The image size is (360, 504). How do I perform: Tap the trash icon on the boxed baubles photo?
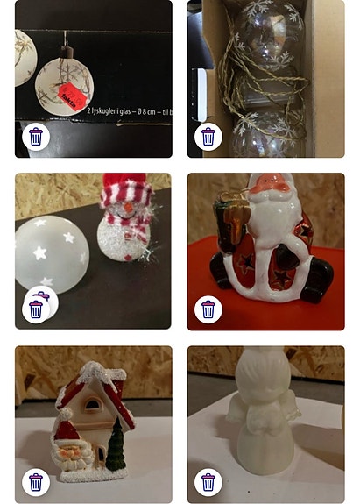click(36, 136)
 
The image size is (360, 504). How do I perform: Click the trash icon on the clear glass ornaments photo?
click(208, 136)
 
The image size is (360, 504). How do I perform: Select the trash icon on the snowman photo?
click(36, 309)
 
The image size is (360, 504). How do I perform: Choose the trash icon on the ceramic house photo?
click(36, 481)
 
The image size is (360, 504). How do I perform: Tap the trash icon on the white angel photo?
click(208, 481)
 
